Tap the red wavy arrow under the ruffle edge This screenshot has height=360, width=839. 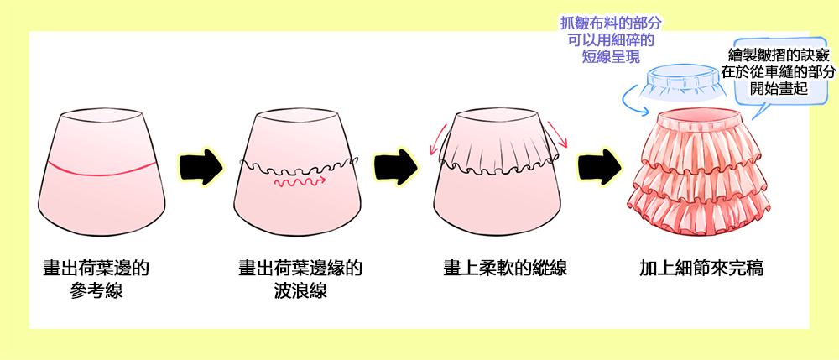300,182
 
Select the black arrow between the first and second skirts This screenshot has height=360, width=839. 201,164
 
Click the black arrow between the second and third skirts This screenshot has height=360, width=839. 396,164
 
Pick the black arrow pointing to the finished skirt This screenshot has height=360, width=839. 599,164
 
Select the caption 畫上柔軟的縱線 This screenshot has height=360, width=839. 505,268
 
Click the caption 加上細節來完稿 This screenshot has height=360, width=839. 701,268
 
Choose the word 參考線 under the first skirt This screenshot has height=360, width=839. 96,291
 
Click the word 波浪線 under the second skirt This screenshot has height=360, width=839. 300,291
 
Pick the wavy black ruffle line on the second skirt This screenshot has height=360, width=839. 298,166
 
